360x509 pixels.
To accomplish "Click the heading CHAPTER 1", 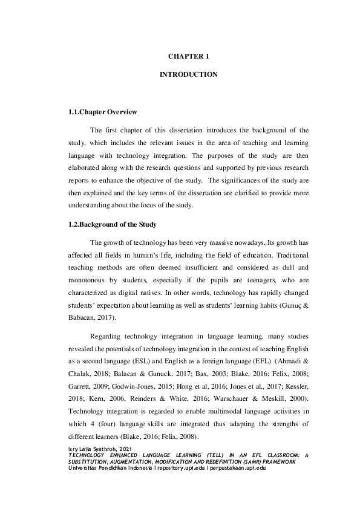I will [188, 56].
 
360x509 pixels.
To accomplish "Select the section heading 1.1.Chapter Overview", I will [102, 112].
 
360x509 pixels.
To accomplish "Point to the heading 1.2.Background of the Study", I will [113, 225].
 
